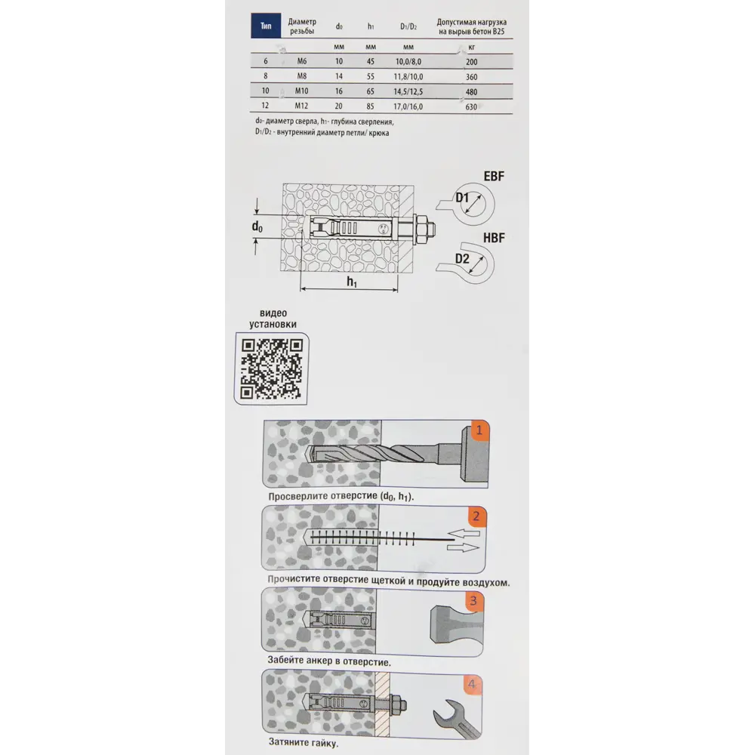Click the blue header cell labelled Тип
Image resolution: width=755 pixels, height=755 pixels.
265,26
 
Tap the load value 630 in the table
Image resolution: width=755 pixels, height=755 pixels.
472,106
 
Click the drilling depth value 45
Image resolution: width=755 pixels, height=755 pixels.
371,61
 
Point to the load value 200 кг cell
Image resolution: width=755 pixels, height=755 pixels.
472,61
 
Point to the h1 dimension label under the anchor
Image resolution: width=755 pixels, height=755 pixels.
352,282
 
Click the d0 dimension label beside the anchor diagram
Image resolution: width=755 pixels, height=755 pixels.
257,226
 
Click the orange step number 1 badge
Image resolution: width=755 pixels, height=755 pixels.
477,432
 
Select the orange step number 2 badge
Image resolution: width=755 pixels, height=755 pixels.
476,517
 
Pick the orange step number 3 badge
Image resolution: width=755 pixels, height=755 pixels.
473,602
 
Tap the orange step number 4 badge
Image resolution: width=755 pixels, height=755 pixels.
472,685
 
